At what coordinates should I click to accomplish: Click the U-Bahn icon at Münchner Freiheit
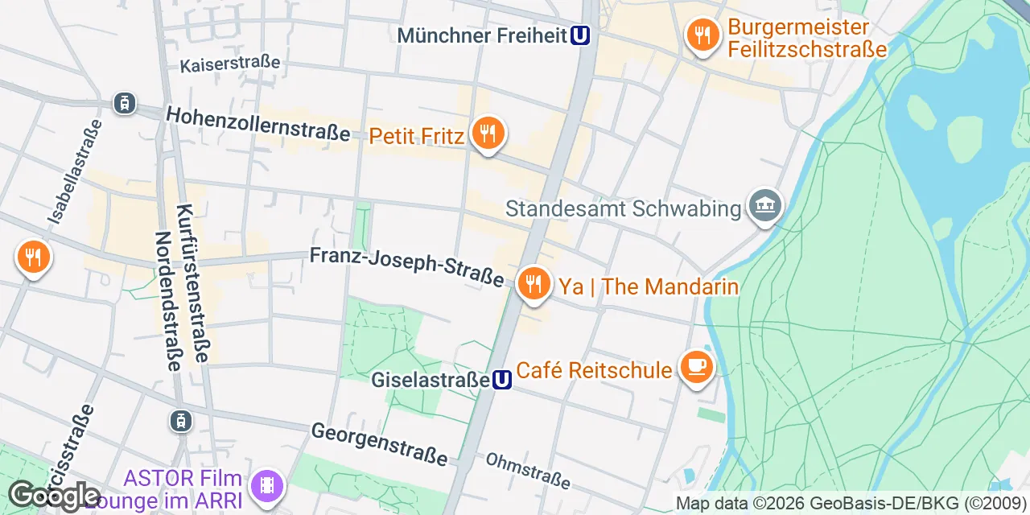click(x=581, y=35)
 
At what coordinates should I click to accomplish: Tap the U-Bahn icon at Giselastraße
click(x=502, y=380)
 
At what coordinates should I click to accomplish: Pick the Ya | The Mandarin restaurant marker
click(x=533, y=284)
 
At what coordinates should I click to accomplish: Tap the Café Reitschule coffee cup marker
click(x=696, y=368)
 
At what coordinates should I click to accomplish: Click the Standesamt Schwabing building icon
click(x=764, y=207)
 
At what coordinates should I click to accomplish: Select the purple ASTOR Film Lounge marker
click(x=267, y=485)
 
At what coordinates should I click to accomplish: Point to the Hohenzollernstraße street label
click(x=258, y=126)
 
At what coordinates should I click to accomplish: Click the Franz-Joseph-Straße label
click(x=407, y=267)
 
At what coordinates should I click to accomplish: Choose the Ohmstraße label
click(x=528, y=471)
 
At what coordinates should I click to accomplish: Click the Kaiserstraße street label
click(x=230, y=63)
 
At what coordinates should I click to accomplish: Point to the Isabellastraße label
click(x=75, y=171)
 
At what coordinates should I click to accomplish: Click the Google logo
click(x=54, y=496)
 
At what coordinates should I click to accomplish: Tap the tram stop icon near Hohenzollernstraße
click(x=125, y=103)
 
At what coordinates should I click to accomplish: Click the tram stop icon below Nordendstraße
click(x=180, y=420)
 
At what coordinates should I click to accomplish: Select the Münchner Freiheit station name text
click(x=483, y=35)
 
